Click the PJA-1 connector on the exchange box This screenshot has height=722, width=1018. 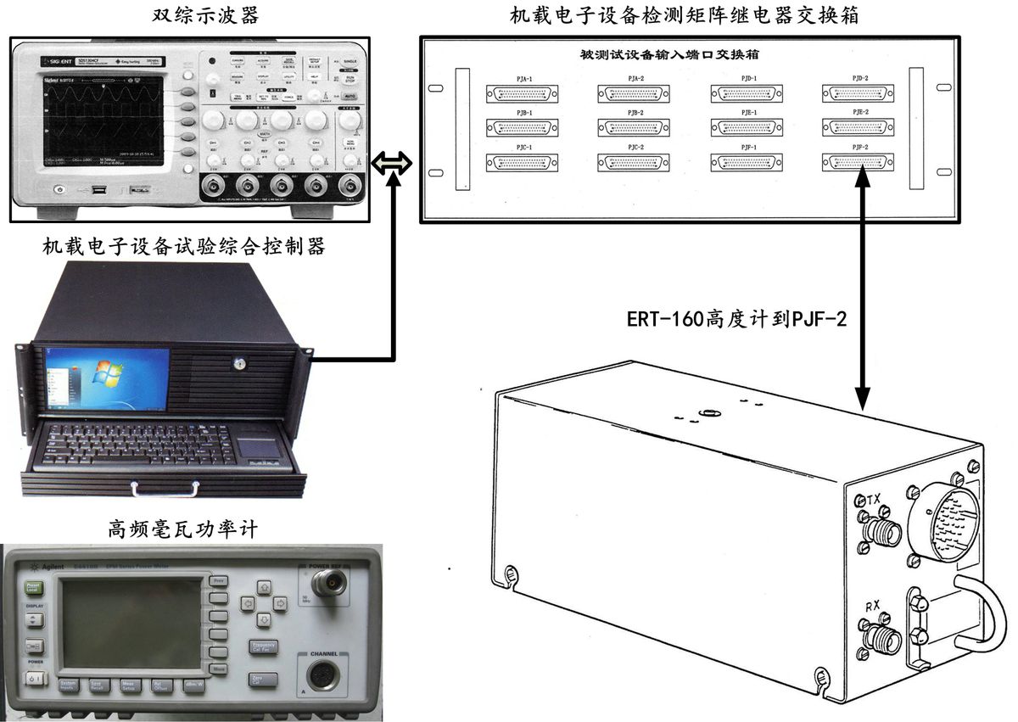[523, 93]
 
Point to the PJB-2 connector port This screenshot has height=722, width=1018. [634, 127]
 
